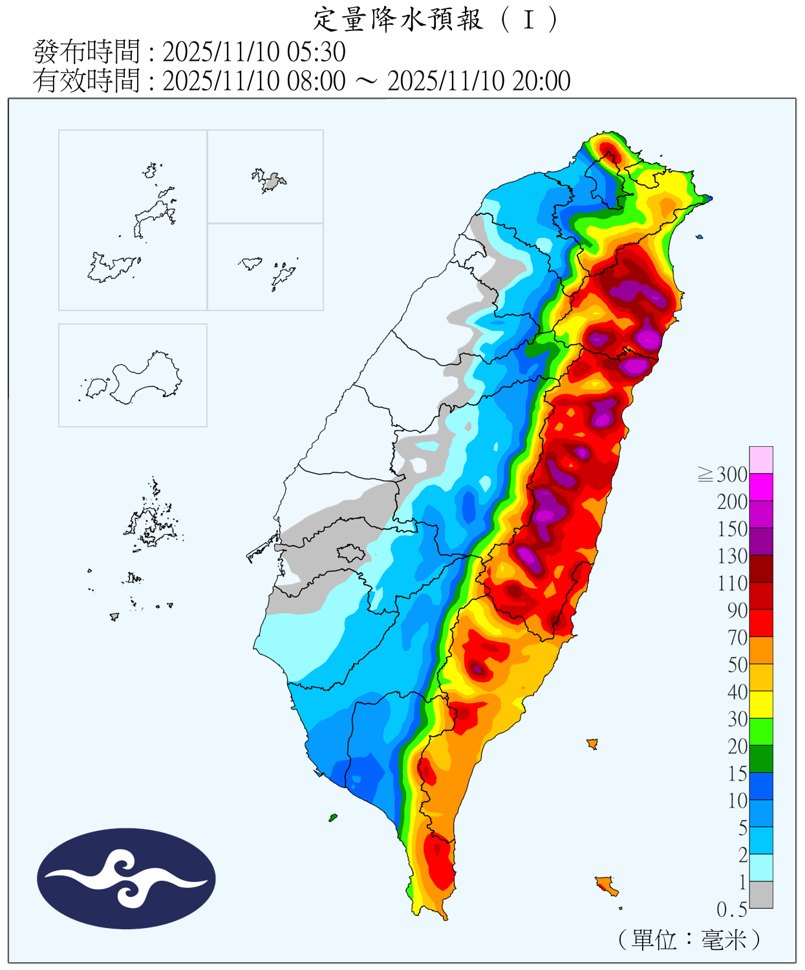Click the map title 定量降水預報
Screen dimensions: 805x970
tap(398, 19)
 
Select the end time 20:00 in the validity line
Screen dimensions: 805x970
tap(541, 81)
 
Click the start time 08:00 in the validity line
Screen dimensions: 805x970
tap(316, 81)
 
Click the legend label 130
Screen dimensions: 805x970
tap(732, 556)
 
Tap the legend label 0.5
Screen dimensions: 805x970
tap(731, 910)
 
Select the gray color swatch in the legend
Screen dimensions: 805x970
tap(761, 894)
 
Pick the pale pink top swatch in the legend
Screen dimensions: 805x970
tap(761, 460)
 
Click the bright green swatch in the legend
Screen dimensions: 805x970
tap(761, 731)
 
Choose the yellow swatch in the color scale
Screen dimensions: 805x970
tap(761, 704)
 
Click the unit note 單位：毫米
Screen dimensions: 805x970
tap(689, 939)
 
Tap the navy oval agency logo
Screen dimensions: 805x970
tap(126, 878)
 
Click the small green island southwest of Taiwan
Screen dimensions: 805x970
tap(333, 818)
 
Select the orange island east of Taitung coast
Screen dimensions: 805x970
tap(592, 744)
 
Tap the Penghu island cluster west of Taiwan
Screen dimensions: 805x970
tap(152, 524)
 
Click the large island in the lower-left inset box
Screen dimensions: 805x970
tap(145, 378)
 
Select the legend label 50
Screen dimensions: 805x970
tap(737, 665)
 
